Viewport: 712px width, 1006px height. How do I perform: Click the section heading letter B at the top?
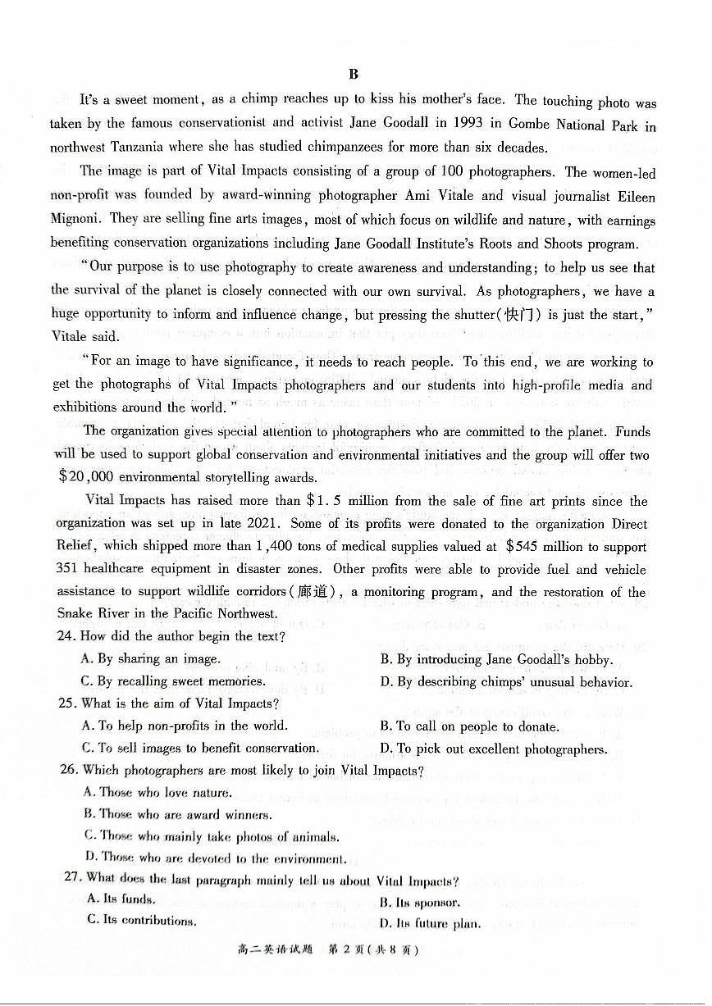[x=354, y=74]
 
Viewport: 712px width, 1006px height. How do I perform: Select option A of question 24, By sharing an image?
[x=151, y=658]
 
